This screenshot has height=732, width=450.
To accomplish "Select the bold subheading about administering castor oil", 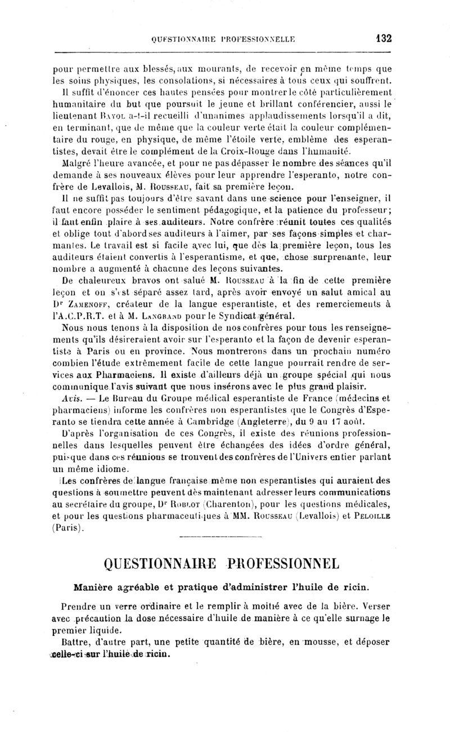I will point(222,587).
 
